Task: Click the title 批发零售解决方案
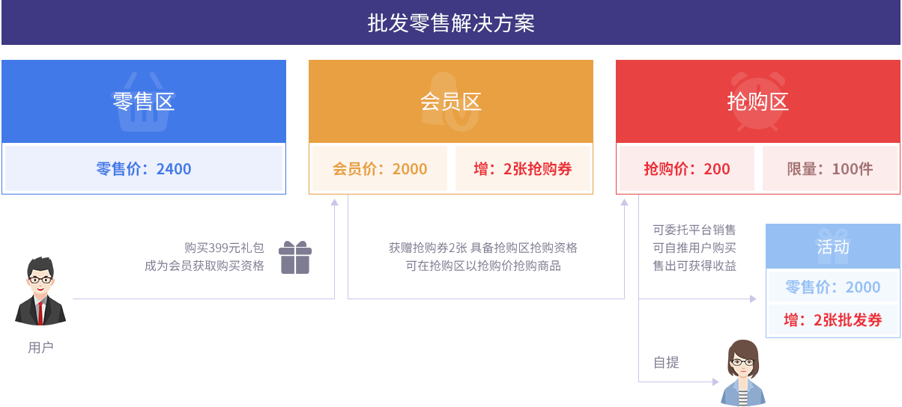coord(451,22)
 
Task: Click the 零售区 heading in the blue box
coord(143,101)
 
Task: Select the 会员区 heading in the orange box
coord(450,101)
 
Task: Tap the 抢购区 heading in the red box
coord(758,101)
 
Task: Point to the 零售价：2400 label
coord(143,168)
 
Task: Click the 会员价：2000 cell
coord(379,168)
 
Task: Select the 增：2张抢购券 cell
coord(523,168)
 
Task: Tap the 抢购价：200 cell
coord(686,168)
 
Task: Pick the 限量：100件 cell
coord(830,168)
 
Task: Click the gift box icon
coord(295,257)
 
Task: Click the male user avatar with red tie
coord(40,292)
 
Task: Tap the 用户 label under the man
coord(40,348)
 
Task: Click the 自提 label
coord(666,363)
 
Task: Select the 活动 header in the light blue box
coord(833,246)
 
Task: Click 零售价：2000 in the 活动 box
coord(833,287)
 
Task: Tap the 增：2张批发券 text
coord(833,320)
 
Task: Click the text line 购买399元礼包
coord(224,247)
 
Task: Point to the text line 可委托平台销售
coord(694,230)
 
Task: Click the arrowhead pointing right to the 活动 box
coord(754,299)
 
